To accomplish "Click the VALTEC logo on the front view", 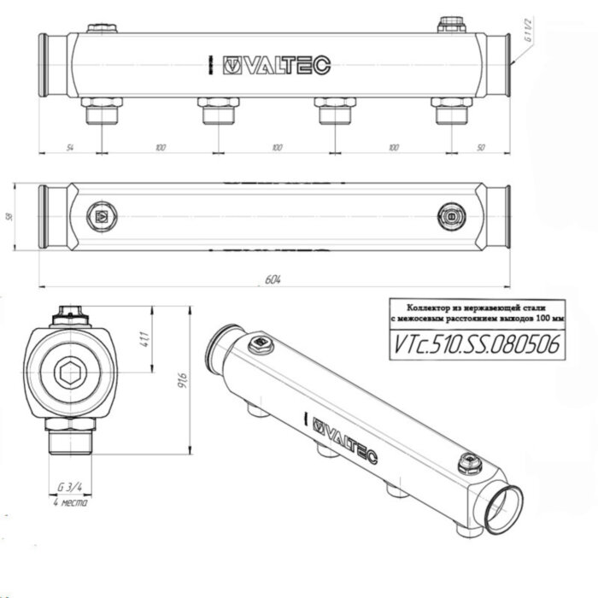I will coord(275,64).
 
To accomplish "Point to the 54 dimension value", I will coord(69,148).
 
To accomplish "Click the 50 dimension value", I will coord(481,148).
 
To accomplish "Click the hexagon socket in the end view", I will coord(69,372).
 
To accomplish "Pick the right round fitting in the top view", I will coord(449,217).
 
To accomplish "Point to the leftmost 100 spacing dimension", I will coord(160,148).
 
